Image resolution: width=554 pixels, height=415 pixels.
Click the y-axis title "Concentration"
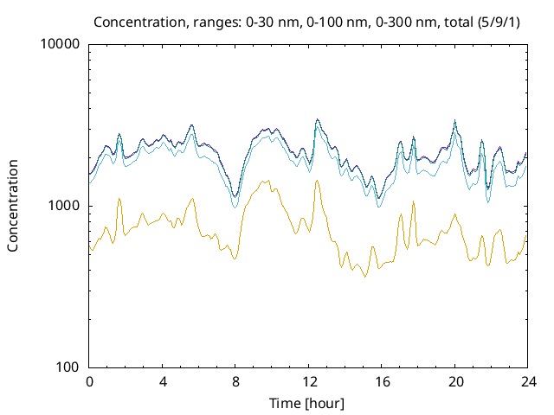click(13, 205)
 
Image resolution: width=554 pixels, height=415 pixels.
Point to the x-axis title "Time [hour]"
click(307, 403)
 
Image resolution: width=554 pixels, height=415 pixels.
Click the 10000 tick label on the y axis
click(61, 45)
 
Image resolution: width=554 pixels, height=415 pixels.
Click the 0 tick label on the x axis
click(89, 381)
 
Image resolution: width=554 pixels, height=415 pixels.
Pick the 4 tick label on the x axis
click(163, 381)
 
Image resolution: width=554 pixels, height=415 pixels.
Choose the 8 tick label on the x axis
click(235, 381)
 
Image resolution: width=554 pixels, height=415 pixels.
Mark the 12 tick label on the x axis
click(308, 381)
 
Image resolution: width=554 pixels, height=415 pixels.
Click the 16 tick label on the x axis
click(382, 381)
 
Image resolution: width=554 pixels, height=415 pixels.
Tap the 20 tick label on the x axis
click(454, 381)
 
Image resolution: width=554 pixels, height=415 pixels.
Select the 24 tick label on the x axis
click(527, 381)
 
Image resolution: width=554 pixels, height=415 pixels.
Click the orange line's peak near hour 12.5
click(317, 180)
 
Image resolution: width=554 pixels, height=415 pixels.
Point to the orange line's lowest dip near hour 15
click(365, 277)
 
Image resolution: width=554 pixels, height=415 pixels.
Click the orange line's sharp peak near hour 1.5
click(119, 199)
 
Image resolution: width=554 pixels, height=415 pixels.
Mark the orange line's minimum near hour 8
click(234, 259)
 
